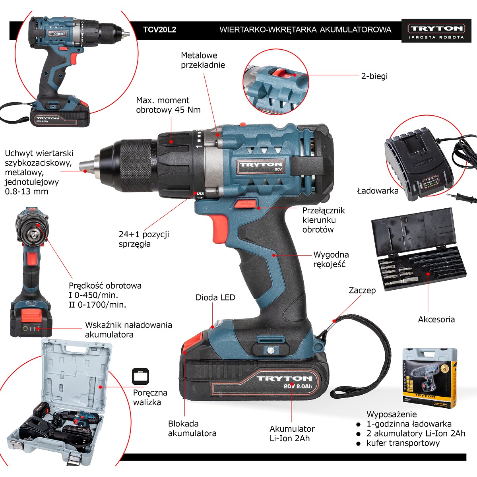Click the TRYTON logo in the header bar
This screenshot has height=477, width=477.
pyautogui.click(x=436, y=31)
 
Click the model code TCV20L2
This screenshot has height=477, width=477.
pyautogui.click(x=160, y=30)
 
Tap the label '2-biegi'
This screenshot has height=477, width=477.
pyautogui.click(x=374, y=76)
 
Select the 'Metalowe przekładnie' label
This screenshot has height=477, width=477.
pyautogui.click(x=203, y=60)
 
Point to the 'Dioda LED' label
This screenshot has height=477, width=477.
pyautogui.click(x=215, y=297)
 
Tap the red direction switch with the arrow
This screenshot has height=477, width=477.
pyautogui.click(x=245, y=204)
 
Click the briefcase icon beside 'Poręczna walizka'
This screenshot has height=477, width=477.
pyautogui.click(x=140, y=376)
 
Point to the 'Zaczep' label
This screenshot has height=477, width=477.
pyautogui.click(x=362, y=290)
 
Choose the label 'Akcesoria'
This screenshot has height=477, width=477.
pyautogui.click(x=436, y=319)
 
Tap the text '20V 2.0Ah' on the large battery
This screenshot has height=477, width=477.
pyautogui.click(x=298, y=386)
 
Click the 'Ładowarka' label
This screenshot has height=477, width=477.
pyautogui.click(x=378, y=191)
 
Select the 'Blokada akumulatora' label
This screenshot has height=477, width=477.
pyautogui.click(x=192, y=428)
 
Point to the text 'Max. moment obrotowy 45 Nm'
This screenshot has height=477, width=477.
pyautogui.click(x=168, y=105)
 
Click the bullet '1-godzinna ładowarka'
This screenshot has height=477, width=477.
pyautogui.click(x=409, y=424)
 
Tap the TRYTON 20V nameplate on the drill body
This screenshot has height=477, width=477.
pyautogui.click(x=260, y=166)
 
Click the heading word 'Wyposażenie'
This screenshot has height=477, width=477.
pyautogui.click(x=392, y=414)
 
